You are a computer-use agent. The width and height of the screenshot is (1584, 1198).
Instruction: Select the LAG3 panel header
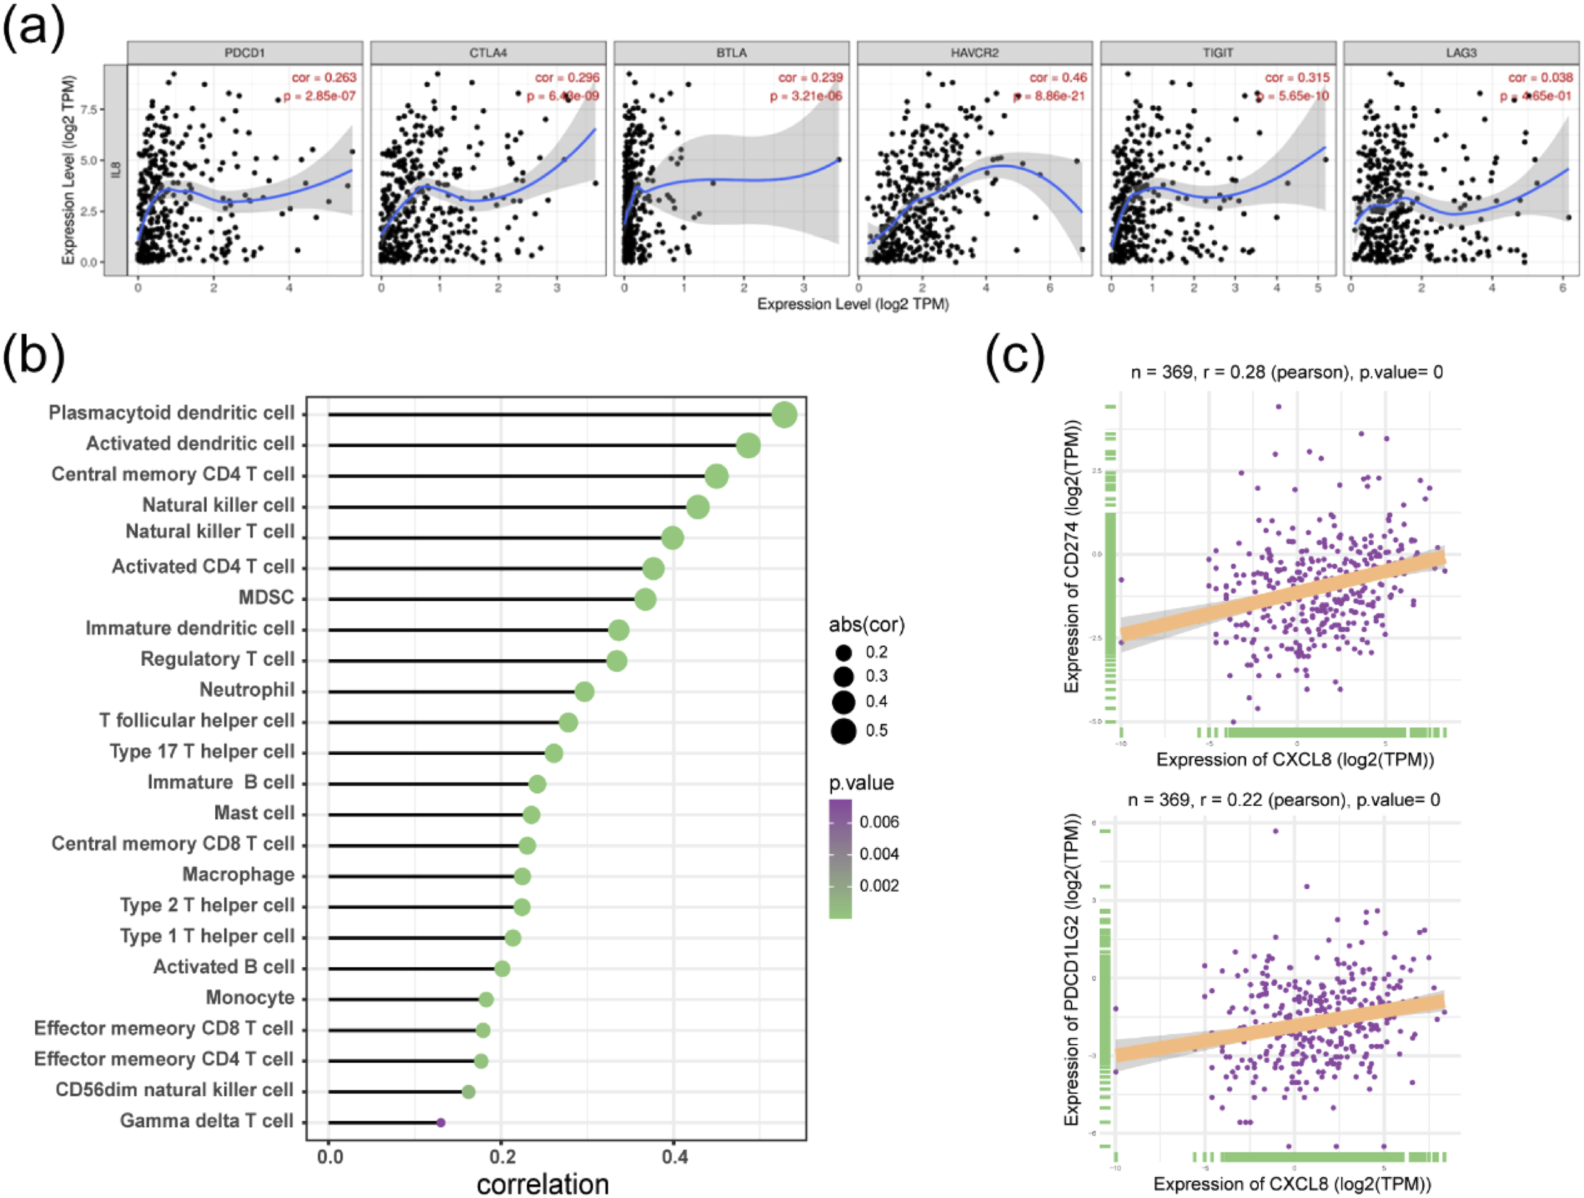click(1461, 53)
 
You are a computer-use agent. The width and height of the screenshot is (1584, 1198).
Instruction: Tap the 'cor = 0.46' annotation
click(1057, 78)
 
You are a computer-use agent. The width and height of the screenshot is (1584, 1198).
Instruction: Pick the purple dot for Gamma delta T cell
click(441, 1123)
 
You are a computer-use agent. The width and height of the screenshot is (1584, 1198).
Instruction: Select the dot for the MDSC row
click(645, 599)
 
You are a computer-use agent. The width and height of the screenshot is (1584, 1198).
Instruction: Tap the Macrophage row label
click(239, 875)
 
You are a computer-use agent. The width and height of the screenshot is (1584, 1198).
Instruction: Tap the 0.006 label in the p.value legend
click(879, 822)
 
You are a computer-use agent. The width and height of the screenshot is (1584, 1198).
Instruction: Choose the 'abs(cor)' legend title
click(866, 625)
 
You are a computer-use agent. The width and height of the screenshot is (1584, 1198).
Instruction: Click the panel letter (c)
click(1015, 356)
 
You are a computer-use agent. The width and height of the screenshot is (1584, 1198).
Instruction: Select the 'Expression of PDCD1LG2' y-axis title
click(1071, 970)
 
